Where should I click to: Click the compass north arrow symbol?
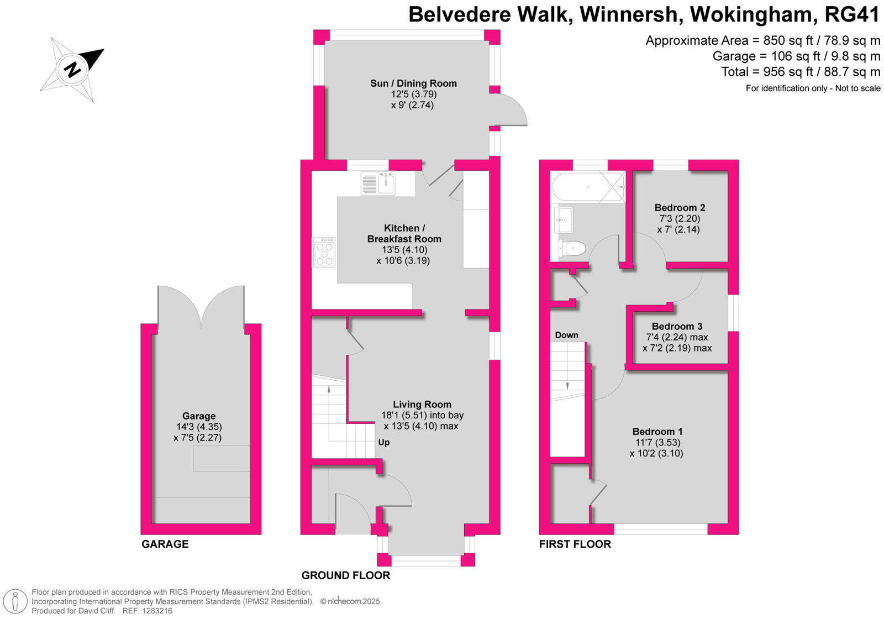(72, 70)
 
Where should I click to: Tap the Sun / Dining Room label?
(413, 83)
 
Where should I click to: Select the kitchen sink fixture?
(378, 183)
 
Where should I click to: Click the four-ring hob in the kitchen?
(324, 252)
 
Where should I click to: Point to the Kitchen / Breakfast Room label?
(404, 233)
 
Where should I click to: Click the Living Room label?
(422, 404)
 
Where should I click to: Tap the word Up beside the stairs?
(383, 443)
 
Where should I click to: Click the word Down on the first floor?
(566, 335)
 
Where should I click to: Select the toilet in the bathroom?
(572, 248)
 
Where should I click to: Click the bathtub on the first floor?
(588, 187)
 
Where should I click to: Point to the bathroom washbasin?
(564, 219)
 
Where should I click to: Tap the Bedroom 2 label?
(680, 208)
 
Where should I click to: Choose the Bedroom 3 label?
(677, 327)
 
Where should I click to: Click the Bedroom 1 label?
(657, 432)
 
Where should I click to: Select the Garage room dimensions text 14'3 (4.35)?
(199, 427)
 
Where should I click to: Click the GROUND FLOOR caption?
(346, 575)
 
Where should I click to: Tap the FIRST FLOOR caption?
(575, 544)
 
